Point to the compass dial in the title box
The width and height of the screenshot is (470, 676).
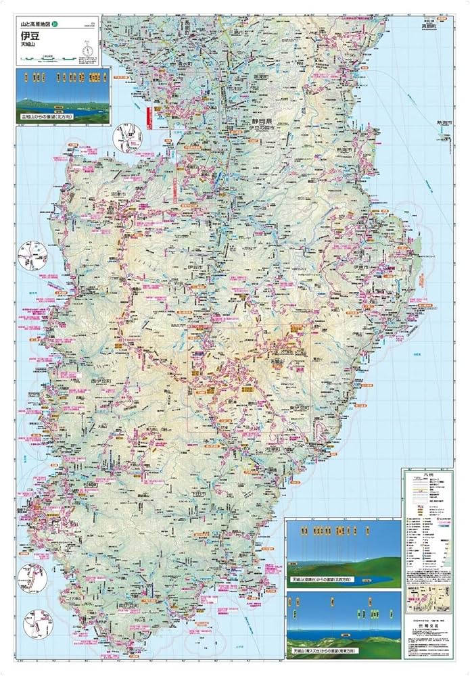pyautogui.click(x=87, y=49)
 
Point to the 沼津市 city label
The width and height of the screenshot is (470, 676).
pyautogui.click(x=119, y=193)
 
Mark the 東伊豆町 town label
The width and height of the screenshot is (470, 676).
pyautogui.click(x=298, y=408)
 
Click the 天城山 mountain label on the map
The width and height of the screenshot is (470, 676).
pyautogui.click(x=279, y=364)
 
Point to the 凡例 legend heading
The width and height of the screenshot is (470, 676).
pyautogui.click(x=426, y=477)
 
